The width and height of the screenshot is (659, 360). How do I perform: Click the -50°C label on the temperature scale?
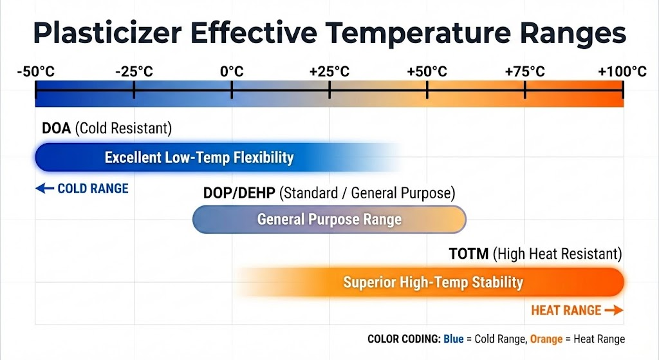[x=36, y=71]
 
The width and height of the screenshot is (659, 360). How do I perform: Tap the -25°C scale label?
[x=134, y=71]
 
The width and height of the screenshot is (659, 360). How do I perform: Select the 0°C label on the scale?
[x=232, y=71]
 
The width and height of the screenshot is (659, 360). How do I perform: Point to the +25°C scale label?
[x=329, y=71]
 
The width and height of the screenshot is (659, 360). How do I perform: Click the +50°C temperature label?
[x=427, y=71]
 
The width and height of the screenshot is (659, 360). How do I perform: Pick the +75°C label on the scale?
[x=525, y=71]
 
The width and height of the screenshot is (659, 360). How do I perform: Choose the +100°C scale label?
[x=622, y=71]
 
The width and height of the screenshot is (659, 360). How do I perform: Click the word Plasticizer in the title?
[x=107, y=33]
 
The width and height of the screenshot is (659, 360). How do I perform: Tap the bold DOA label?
[x=57, y=128]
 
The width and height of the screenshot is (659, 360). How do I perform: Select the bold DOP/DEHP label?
[x=239, y=193]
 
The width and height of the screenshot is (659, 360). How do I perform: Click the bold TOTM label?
[x=469, y=254]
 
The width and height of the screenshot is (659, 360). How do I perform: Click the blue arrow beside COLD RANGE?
[x=44, y=189]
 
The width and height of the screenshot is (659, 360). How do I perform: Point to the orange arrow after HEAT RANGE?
[x=614, y=310]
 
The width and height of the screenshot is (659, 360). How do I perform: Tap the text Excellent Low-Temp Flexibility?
[x=200, y=158]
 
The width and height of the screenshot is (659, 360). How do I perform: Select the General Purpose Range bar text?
[x=329, y=220]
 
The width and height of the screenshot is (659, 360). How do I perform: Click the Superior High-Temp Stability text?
[x=433, y=282]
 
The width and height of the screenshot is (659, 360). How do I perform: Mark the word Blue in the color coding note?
[x=454, y=339]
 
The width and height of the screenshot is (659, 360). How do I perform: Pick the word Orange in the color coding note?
[x=546, y=339]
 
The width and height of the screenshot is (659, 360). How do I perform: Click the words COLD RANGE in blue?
[x=93, y=189]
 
